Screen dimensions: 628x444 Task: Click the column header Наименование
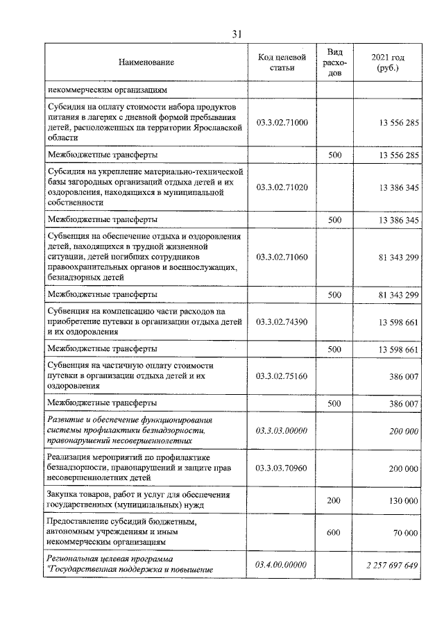[x=146, y=62]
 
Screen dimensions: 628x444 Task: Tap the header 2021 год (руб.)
[x=387, y=62]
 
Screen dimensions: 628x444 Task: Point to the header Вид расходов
[x=334, y=62]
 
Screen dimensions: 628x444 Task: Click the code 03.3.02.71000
[x=281, y=122]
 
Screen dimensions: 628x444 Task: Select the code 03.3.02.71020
[x=281, y=187]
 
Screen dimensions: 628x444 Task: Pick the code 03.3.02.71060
[x=281, y=257]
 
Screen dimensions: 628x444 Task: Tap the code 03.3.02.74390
[x=281, y=321]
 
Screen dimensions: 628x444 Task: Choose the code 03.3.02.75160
[x=281, y=375]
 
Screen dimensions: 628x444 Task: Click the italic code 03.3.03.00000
[x=281, y=430]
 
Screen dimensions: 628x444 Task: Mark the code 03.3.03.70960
[x=281, y=468]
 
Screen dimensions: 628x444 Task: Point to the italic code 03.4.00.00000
[x=281, y=565]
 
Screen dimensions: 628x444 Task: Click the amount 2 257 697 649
[x=393, y=565]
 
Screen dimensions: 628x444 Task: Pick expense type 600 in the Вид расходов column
[x=334, y=532]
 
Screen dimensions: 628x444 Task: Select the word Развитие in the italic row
[x=65, y=421]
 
